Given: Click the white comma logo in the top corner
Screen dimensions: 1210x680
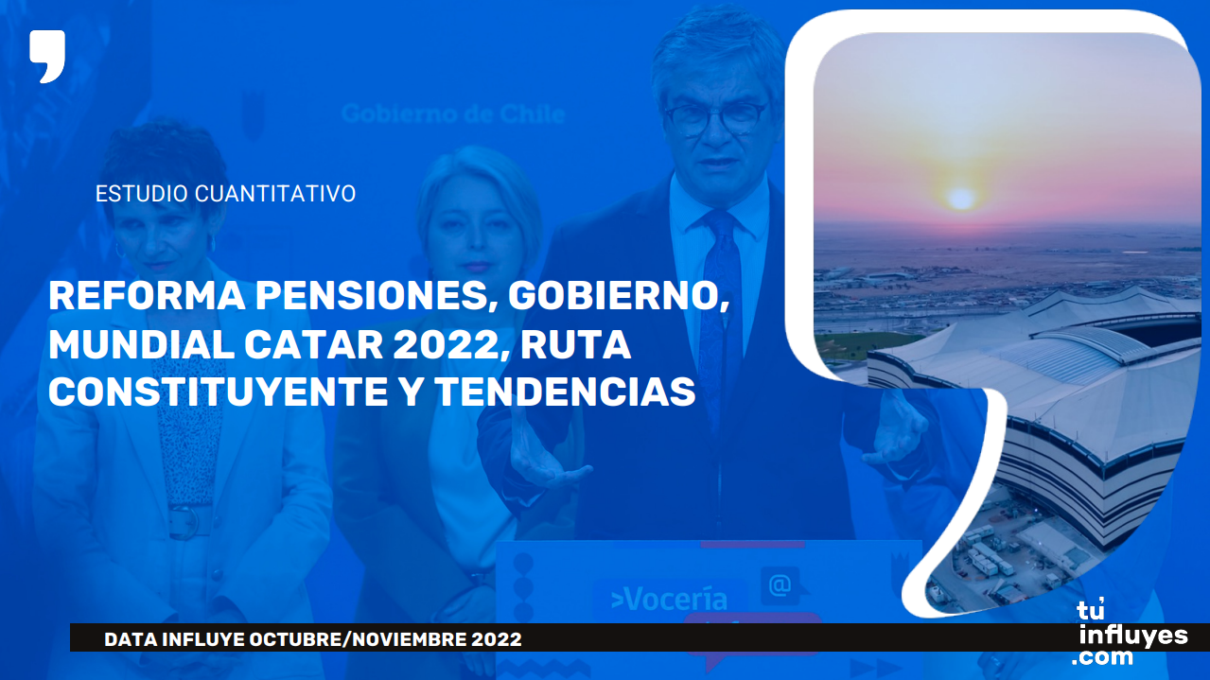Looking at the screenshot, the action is coord(47,56).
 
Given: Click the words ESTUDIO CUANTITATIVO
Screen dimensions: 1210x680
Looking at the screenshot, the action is coord(225,193).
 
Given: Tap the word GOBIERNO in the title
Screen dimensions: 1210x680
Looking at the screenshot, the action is coord(619,296).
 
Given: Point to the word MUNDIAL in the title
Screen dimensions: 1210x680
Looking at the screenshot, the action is coord(141,344).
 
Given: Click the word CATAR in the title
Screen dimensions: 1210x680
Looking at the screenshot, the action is coord(313,344).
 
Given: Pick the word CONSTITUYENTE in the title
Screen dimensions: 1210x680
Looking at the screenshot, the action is coord(219,392).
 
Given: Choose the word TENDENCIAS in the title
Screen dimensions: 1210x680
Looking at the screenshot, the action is coord(566,392).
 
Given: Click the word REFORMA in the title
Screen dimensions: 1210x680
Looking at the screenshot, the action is coord(147,296).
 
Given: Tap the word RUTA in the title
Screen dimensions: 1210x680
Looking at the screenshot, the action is coord(576,344).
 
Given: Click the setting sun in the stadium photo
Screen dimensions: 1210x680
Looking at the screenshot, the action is coord(961,199).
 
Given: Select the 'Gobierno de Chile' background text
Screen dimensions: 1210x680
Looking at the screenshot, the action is coord(453,113).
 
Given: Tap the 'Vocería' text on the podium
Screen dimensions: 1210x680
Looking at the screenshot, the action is coord(669,600).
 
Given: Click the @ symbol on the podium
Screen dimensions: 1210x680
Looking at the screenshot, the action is coord(780,584).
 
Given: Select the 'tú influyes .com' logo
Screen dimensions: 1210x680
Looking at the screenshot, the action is coord(1130,633).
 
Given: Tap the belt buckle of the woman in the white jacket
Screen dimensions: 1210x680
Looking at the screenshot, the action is coord(186,522).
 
